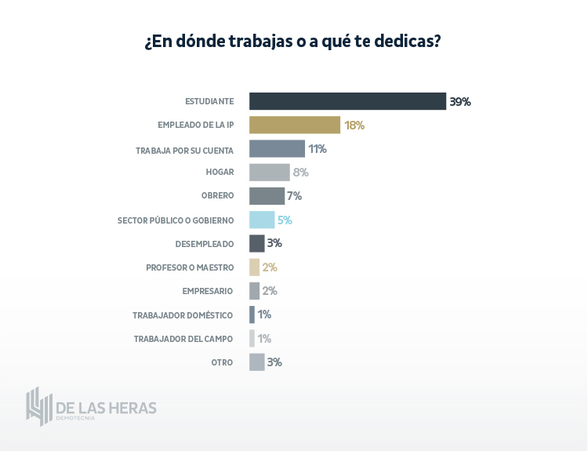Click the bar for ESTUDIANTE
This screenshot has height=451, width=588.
click(347, 101)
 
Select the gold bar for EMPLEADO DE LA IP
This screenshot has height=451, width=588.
click(295, 125)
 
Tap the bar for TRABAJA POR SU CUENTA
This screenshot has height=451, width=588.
click(277, 149)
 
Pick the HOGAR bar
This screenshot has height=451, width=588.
click(269, 173)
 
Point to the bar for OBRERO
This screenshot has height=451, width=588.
click(267, 196)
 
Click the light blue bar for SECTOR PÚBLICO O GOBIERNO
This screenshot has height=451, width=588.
click(262, 220)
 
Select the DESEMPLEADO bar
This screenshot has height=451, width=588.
click(257, 243)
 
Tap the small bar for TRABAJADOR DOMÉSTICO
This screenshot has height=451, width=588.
click(252, 315)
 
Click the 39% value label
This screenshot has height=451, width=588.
click(459, 101)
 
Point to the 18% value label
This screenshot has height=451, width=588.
click(354, 125)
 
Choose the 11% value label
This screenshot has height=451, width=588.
click(317, 149)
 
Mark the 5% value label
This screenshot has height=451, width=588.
click(285, 220)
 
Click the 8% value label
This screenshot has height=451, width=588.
click(300, 173)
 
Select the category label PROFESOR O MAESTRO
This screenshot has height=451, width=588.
click(190, 267)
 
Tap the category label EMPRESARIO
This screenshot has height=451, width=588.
click(208, 291)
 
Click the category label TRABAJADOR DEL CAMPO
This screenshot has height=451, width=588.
click(183, 339)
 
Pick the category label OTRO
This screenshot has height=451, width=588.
click(222, 362)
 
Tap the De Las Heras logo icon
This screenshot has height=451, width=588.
click(38, 406)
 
